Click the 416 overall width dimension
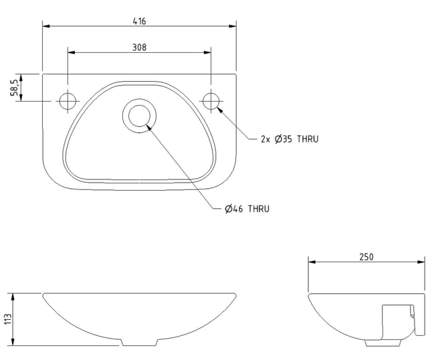(139, 21)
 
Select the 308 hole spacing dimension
(139, 48)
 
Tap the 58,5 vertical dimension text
(14, 88)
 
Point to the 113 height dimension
(8, 319)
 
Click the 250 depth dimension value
(366, 257)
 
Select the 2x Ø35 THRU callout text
(290, 139)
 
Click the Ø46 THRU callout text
(247, 209)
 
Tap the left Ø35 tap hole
(68, 101)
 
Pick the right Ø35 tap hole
(211, 101)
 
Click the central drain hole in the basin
(139, 116)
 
